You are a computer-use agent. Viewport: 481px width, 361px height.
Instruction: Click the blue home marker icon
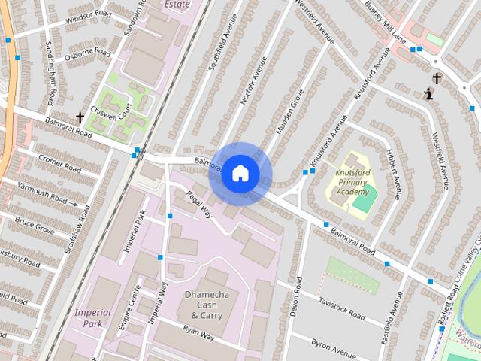click(240, 174)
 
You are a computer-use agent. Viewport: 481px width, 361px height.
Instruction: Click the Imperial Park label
click(92, 317)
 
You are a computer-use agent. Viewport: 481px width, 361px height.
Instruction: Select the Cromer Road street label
click(54, 162)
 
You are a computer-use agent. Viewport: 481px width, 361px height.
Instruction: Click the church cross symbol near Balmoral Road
click(80, 117)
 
